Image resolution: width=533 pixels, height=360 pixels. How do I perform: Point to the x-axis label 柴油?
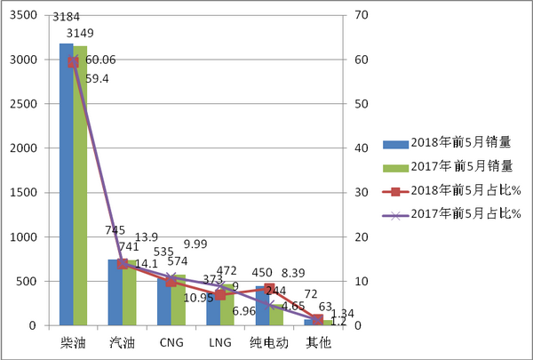point(74,343)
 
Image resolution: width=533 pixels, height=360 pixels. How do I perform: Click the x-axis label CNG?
point(171,343)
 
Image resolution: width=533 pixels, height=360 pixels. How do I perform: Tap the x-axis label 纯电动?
point(268,343)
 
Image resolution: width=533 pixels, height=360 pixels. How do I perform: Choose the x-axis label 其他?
point(317,343)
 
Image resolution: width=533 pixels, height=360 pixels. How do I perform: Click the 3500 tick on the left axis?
point(24,15)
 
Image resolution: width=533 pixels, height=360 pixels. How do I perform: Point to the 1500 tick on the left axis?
point(24,193)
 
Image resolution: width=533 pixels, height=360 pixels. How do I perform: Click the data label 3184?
point(67,17)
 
